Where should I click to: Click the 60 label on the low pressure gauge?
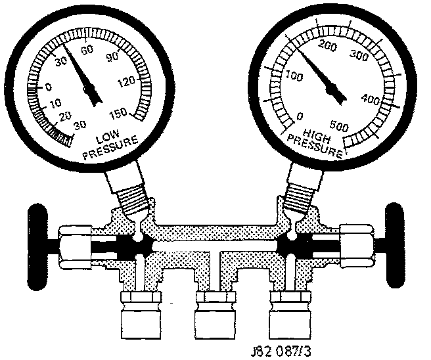[87, 50]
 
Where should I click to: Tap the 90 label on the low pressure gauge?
[112, 57]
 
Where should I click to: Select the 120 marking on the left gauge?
[126, 81]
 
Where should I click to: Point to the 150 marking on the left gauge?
[118, 113]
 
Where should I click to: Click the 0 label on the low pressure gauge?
[49, 87]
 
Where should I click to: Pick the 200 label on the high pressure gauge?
[327, 45]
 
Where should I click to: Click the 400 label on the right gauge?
[371, 99]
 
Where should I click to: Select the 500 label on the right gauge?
[339, 126]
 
